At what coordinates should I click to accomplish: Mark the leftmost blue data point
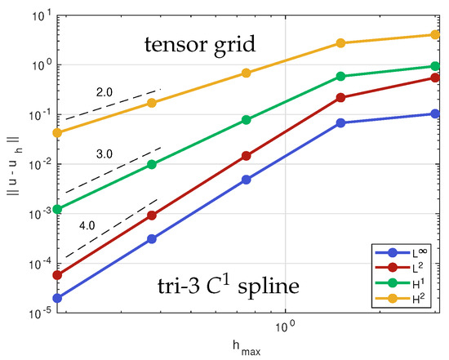tap(57, 298)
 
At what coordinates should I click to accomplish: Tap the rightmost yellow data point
tap(434, 35)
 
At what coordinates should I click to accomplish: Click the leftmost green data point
tap(57, 209)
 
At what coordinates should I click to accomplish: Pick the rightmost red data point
tap(434, 78)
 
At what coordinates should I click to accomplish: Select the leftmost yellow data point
tap(57, 132)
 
